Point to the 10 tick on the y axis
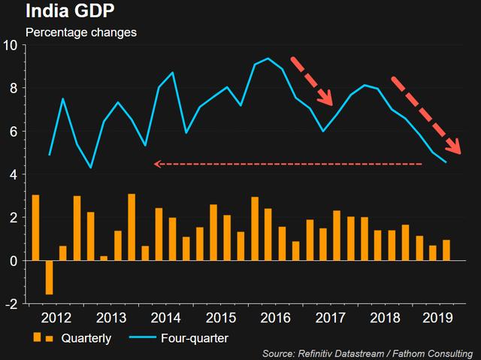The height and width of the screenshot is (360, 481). [11, 44]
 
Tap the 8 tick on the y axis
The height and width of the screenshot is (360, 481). [14, 88]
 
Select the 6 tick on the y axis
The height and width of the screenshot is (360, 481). [14, 132]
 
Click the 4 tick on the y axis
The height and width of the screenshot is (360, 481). [14, 174]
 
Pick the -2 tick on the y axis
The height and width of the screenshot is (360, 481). [11, 304]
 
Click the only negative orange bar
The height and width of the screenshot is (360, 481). [49, 277]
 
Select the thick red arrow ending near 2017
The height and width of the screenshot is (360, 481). [312, 80]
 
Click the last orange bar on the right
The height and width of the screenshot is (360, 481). [446, 250]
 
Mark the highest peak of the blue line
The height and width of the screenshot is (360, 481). [268, 58]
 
